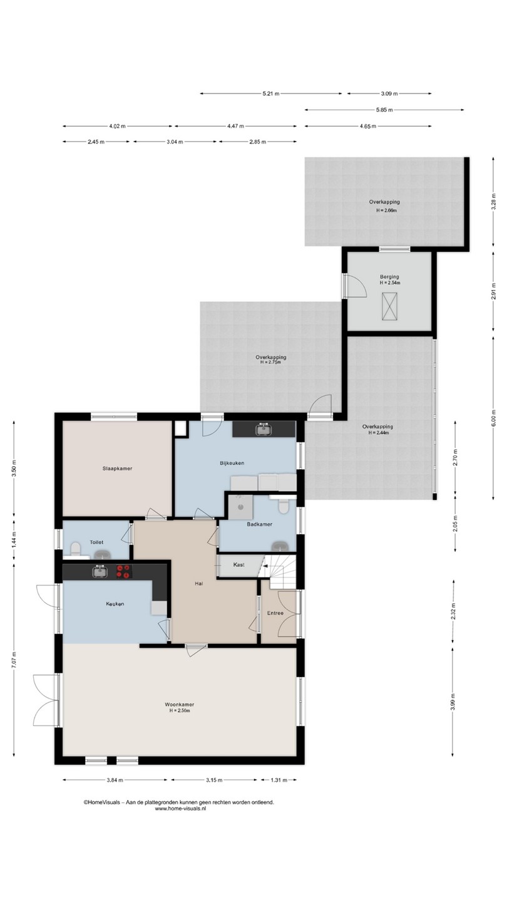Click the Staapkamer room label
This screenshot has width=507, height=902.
point(117,469)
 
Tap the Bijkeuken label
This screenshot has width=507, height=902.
point(232,463)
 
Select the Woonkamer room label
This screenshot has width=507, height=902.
point(180,704)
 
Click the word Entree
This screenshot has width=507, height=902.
point(275,613)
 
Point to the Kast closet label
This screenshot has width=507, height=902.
point(238,564)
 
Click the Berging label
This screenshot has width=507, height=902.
point(389,277)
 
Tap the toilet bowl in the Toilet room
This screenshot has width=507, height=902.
point(75,549)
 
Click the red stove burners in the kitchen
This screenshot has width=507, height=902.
point(124,572)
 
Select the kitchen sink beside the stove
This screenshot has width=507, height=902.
point(99,571)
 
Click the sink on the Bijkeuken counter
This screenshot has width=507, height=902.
point(263,429)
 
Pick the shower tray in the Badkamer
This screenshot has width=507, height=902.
point(240,507)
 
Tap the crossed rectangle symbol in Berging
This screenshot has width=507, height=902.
point(389,306)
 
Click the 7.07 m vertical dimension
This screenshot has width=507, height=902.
point(14,660)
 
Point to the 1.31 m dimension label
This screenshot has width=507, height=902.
point(279,780)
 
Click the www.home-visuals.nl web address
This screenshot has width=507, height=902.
point(180,808)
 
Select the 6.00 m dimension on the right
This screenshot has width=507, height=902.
point(494,418)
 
